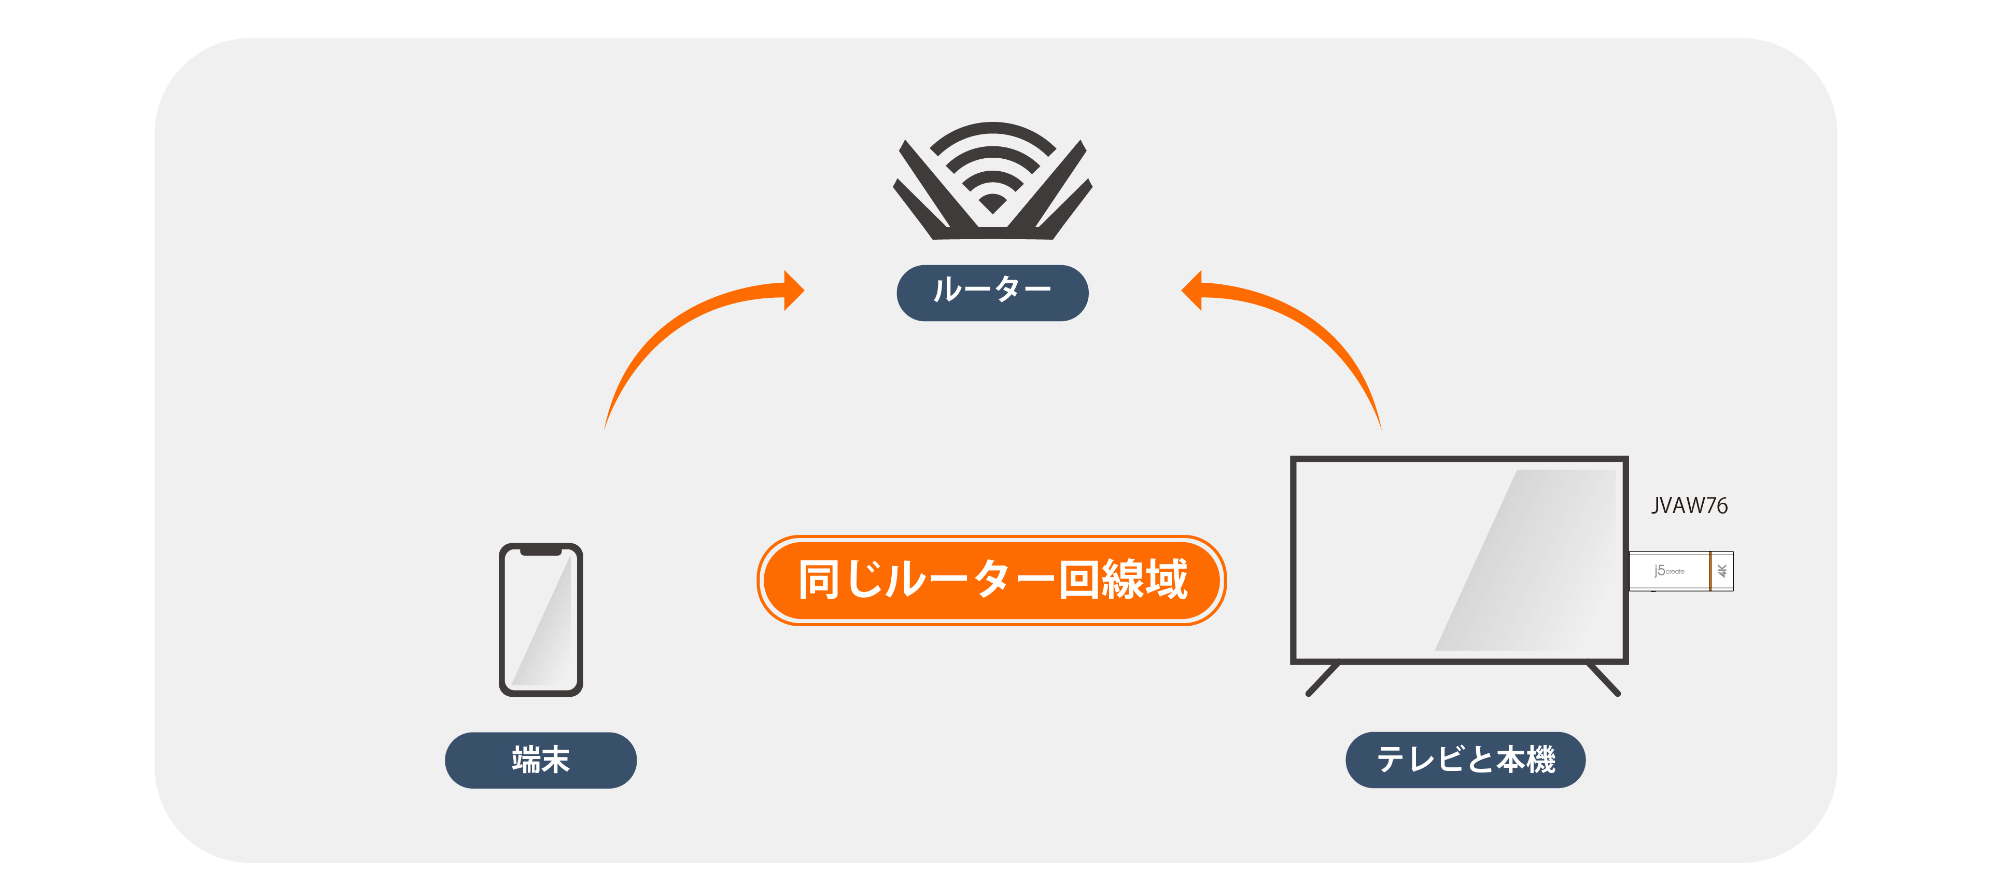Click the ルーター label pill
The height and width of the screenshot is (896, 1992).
[992, 293]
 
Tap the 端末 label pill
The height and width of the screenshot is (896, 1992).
[541, 760]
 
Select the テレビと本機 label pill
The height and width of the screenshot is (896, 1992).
[1465, 760]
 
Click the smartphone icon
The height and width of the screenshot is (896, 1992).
[541, 620]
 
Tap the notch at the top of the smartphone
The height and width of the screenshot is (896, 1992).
[541, 551]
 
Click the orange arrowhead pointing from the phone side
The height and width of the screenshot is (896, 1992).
[793, 290]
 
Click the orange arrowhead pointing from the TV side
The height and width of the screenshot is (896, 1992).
[1191, 290]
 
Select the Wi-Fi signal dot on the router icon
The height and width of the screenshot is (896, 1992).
[992, 203]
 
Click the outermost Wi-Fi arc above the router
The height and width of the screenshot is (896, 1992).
[992, 133]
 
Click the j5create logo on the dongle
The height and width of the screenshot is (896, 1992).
[1669, 571]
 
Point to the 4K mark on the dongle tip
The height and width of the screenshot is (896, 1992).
[1722, 571]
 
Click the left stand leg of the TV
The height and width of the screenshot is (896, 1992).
[1322, 679]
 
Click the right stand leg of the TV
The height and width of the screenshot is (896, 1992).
[1603, 679]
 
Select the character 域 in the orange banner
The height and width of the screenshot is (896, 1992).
[1166, 580]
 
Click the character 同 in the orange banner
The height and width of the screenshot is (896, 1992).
[819, 580]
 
